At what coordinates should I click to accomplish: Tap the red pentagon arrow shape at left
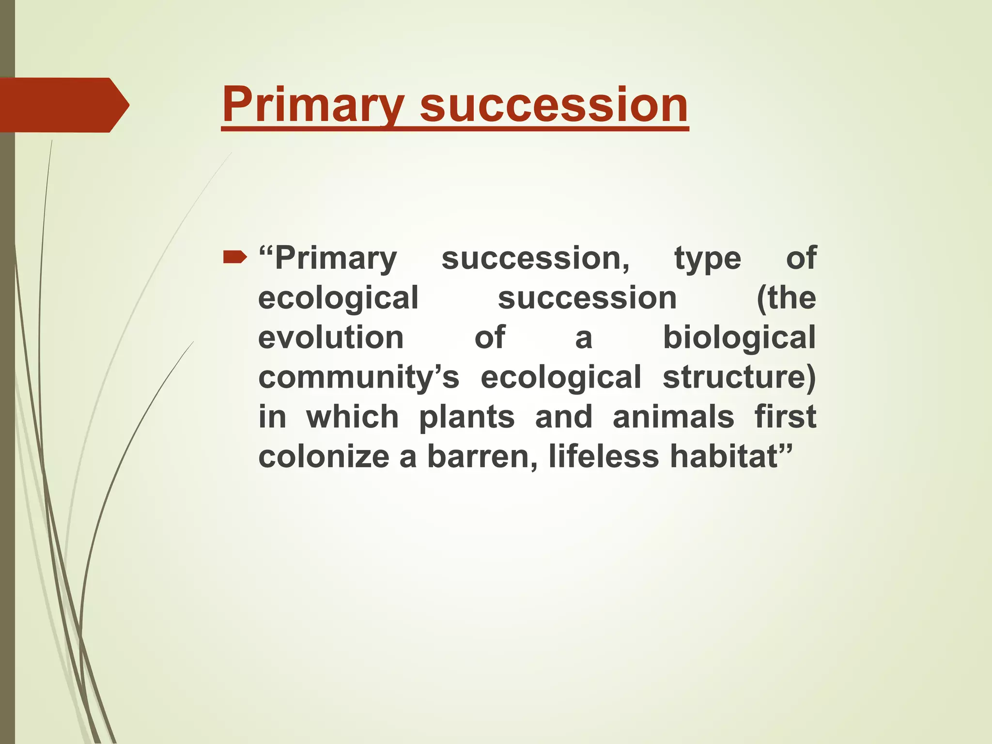[x=63, y=105]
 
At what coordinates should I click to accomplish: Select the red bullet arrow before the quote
[x=234, y=259]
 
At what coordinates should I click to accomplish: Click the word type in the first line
[x=708, y=259]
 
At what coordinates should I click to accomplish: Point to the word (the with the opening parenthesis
[x=786, y=298]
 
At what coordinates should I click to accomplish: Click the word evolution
[x=331, y=338]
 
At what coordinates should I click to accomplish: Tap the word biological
[x=739, y=338]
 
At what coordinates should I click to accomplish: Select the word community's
[x=358, y=377]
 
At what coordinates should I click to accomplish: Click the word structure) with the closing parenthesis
[x=739, y=377]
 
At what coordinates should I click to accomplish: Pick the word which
[x=352, y=417]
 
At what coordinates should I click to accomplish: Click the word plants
[x=466, y=417]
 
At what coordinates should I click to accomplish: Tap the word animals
[x=673, y=417]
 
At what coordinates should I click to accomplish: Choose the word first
[x=785, y=417]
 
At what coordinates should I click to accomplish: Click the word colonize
[x=324, y=457]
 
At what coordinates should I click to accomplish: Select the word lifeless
[x=603, y=457]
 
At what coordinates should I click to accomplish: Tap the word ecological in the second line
[x=338, y=298]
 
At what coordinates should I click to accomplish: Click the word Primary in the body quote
[x=335, y=259]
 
